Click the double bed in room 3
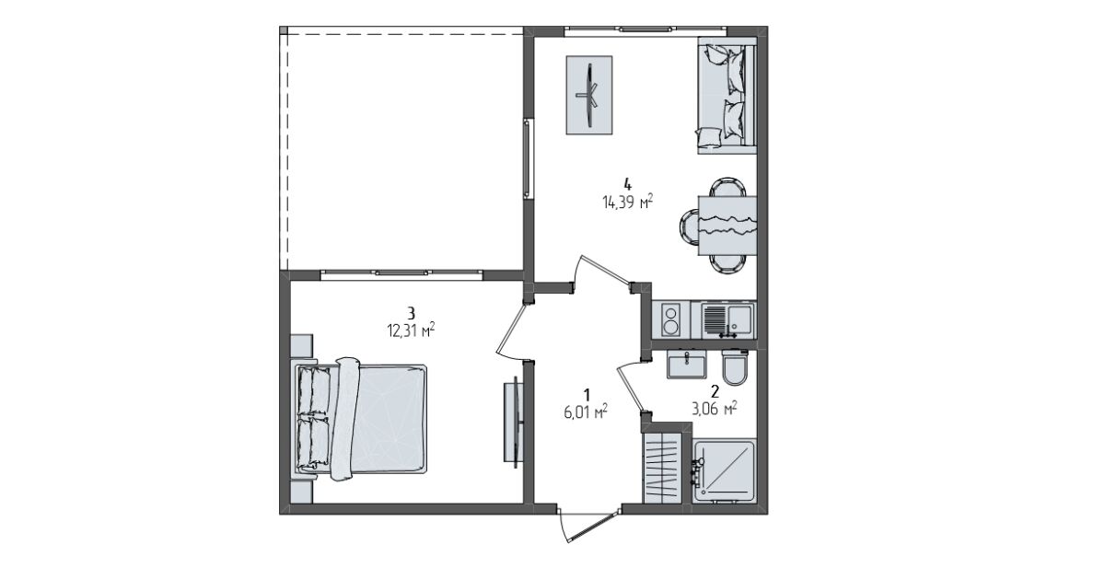[361, 420]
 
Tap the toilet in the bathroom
[735, 366]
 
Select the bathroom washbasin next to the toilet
[686, 365]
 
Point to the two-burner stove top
[670, 319]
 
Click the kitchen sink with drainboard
[727, 320]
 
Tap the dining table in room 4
[727, 226]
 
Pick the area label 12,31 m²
[411, 330]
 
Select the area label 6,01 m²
[586, 412]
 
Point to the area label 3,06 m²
[715, 408]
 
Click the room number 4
[627, 185]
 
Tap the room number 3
[411, 313]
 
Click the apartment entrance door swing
[588, 524]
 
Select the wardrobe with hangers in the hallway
[662, 468]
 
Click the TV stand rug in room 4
[589, 95]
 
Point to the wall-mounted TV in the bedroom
[514, 423]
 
